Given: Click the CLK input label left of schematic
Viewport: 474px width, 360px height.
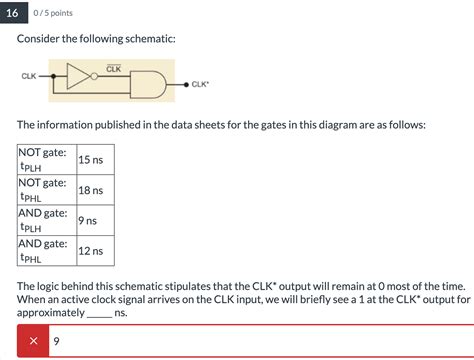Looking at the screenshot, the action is (29, 76).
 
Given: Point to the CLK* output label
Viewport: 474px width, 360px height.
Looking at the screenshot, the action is (200, 85).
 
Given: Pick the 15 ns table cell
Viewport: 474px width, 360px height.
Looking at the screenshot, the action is (90, 159).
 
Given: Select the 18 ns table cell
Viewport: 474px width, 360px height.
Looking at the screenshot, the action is (90, 190).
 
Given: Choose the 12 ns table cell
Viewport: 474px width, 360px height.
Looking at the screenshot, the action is (90, 250).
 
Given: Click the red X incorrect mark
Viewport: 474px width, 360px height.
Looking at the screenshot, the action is (34, 341).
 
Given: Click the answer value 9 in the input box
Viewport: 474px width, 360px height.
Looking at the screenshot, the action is (58, 341).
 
